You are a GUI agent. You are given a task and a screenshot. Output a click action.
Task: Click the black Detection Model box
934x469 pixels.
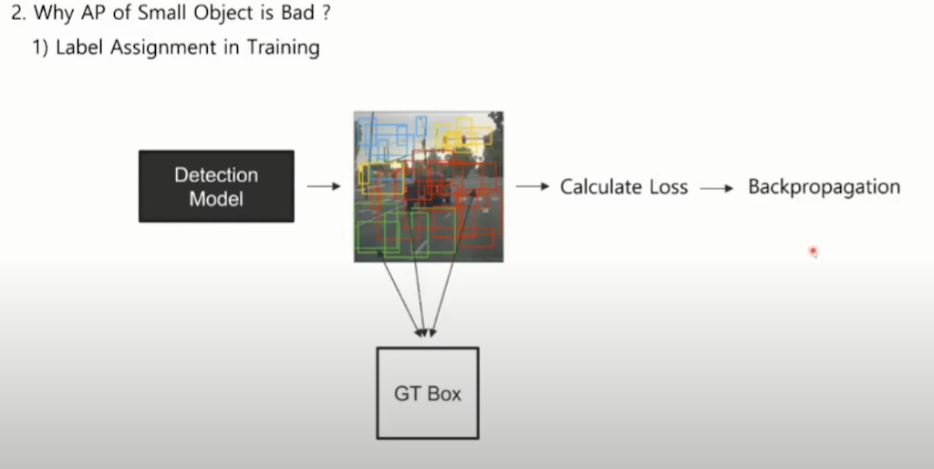(216, 186)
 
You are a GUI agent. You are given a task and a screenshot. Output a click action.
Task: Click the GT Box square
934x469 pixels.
(428, 393)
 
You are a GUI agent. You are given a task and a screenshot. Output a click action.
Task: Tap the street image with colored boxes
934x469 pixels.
(429, 186)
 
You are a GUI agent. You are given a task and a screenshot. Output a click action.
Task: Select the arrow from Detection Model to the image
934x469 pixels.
(323, 186)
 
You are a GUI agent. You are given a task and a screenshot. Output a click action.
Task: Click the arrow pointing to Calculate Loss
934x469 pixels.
(532, 186)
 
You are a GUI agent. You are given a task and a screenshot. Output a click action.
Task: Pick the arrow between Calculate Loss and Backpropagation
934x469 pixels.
(717, 187)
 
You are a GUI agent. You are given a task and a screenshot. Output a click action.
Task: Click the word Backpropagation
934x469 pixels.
(824, 186)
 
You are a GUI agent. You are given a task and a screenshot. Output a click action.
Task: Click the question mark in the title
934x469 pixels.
(325, 16)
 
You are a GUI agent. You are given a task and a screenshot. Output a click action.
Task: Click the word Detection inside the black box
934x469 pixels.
(216, 175)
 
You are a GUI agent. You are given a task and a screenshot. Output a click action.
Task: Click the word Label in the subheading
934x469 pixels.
(80, 47)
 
